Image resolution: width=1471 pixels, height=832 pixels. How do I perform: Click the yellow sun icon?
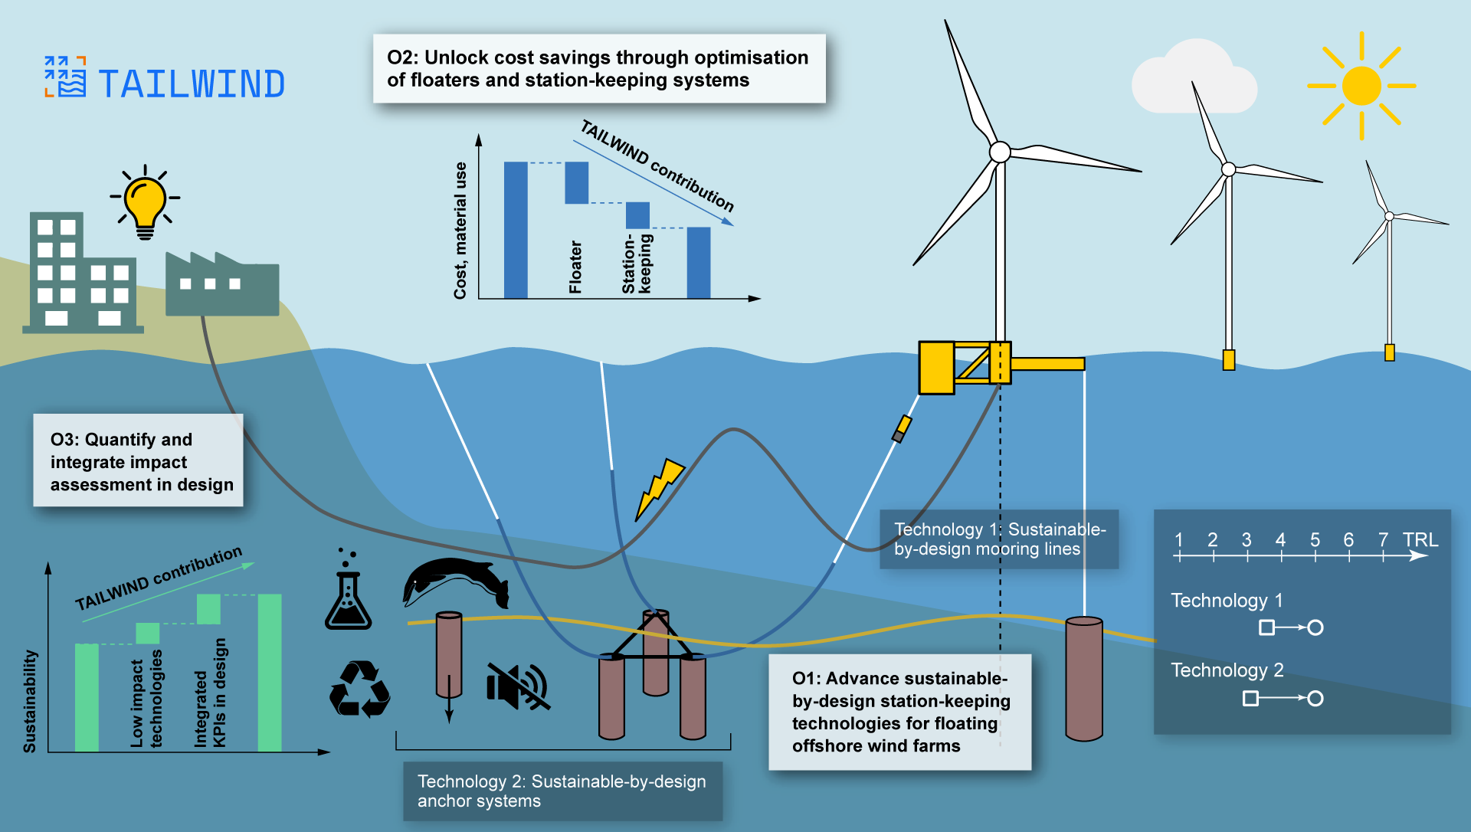pyautogui.click(x=1361, y=86)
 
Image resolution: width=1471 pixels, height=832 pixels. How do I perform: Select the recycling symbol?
pyautogui.click(x=359, y=689)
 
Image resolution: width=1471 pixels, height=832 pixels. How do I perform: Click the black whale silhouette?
pyautogui.click(x=456, y=582)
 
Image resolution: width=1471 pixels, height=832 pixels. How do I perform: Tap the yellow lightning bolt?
pyautogui.click(x=660, y=489)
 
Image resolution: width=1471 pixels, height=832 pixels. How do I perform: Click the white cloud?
pyautogui.click(x=1194, y=77)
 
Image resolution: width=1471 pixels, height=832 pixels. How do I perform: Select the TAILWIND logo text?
pyautogui.click(x=192, y=84)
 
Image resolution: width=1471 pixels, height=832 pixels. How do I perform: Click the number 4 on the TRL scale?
pyautogui.click(x=1280, y=539)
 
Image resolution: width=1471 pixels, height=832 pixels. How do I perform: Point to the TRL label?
pyautogui.click(x=1420, y=539)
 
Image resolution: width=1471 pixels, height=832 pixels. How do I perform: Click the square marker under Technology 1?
pyautogui.click(x=1267, y=627)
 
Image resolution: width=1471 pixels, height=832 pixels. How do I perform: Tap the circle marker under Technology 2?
pyautogui.click(x=1315, y=698)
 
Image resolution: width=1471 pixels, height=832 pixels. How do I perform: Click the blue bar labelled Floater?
pyautogui.click(x=577, y=182)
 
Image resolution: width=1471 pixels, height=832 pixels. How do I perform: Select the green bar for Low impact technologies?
pyautogui.click(x=148, y=633)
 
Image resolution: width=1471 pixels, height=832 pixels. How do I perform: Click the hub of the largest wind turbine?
pyautogui.click(x=1000, y=152)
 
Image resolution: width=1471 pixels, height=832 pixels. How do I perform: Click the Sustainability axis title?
pyautogui.click(x=30, y=701)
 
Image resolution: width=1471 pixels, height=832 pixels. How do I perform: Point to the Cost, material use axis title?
pyautogui.click(x=460, y=230)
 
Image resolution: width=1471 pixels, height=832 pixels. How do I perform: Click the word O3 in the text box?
pyautogui.click(x=64, y=440)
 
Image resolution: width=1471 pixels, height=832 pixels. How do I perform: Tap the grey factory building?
pyautogui.click(x=222, y=283)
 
